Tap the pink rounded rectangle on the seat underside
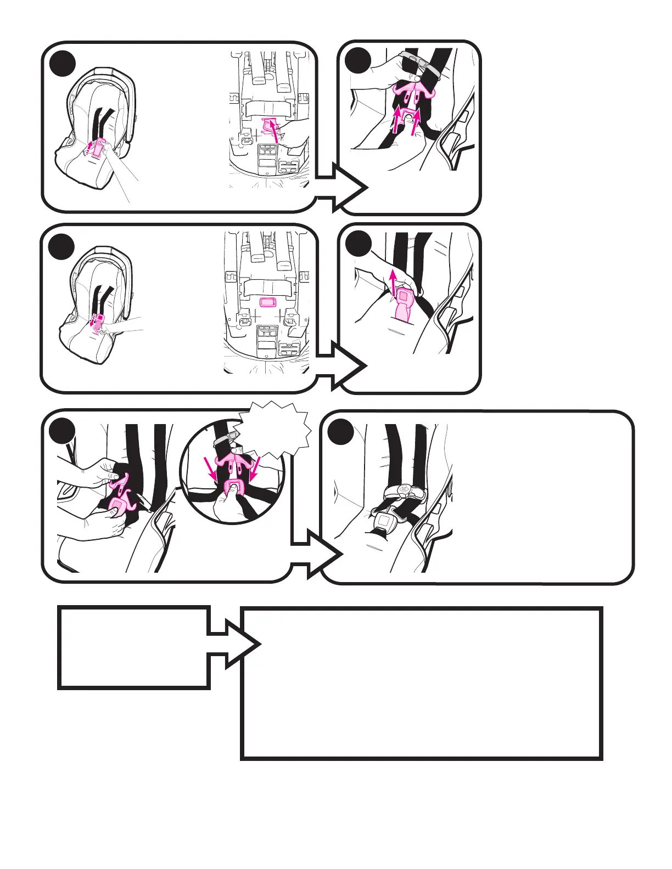point(267,303)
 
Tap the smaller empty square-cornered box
point(134,647)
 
